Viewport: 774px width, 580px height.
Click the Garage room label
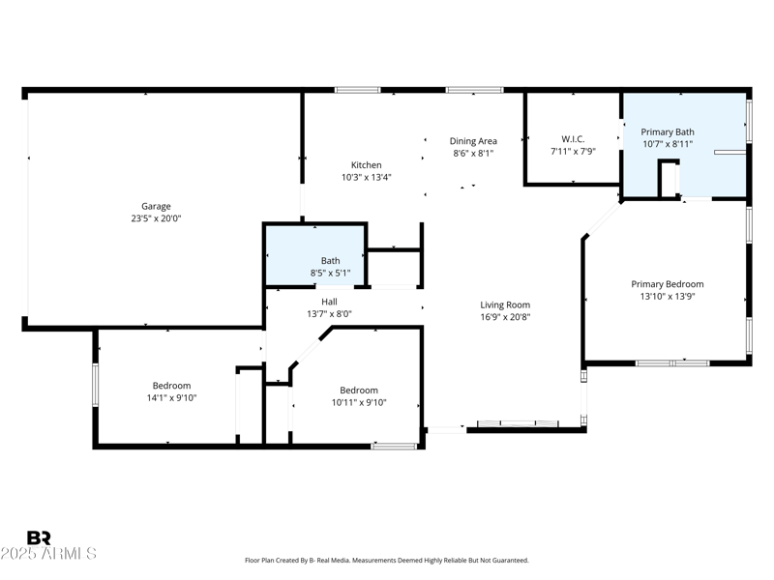pos(156,206)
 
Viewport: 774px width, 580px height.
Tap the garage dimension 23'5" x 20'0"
pos(156,218)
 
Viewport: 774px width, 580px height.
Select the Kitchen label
pos(366,165)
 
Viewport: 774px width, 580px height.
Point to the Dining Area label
pos(473,141)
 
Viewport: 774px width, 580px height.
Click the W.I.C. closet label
pos(573,138)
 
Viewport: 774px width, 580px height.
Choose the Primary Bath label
pos(668,131)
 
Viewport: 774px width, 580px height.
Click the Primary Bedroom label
pos(668,284)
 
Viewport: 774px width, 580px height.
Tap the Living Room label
pos(505,304)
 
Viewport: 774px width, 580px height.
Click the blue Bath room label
pos(330,261)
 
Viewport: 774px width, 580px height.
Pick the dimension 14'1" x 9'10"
pos(171,397)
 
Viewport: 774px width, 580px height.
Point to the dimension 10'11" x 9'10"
pos(359,402)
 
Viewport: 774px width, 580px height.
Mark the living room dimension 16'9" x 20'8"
pos(505,317)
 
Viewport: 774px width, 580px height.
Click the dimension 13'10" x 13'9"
pos(668,297)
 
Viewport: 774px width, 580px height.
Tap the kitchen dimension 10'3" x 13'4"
pos(366,178)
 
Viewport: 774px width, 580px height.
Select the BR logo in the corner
pos(39,537)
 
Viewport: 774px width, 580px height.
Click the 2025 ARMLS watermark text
pos(48,554)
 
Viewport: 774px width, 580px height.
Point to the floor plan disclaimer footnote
pos(386,561)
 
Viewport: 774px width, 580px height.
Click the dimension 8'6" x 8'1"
pos(473,154)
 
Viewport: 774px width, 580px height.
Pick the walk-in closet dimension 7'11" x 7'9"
pos(573,151)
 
